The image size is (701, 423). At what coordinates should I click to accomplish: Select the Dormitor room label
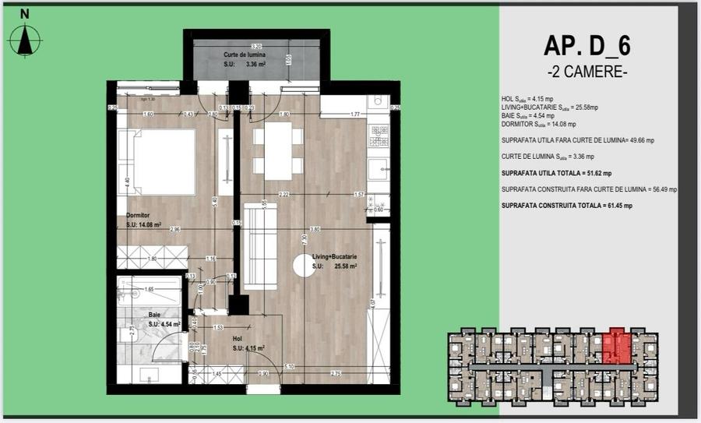pos(138,215)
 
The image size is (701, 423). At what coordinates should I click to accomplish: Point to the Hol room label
pos(241,339)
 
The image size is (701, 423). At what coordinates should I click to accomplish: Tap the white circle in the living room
pos(304,265)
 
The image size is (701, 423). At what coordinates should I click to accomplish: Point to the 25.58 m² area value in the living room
pos(345,266)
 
